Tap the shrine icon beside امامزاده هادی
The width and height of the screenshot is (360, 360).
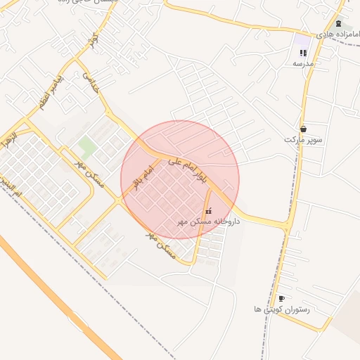pyautogui.click(x=338, y=23)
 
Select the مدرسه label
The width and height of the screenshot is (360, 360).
pyautogui.click(x=303, y=63)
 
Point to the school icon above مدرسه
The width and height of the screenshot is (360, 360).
pyautogui.click(x=303, y=53)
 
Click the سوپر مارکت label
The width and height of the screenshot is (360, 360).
pyautogui.click(x=304, y=139)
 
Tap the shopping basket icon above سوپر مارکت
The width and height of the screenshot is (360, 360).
pyautogui.click(x=303, y=129)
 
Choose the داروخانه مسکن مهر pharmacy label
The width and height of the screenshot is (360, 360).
pyautogui.click(x=208, y=221)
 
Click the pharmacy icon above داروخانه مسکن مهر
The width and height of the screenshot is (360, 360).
pyautogui.click(x=207, y=210)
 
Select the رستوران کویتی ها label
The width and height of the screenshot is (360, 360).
pyautogui.click(x=282, y=309)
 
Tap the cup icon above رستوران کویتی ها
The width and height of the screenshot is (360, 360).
pyautogui.click(x=281, y=298)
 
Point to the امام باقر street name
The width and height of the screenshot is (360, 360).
pyautogui.click(x=143, y=179)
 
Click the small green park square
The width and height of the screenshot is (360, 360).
pyautogui.click(x=87, y=146)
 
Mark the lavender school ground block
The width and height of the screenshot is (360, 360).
pyautogui.click(x=302, y=41)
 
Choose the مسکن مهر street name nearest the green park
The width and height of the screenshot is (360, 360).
pyautogui.click(x=89, y=173)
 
